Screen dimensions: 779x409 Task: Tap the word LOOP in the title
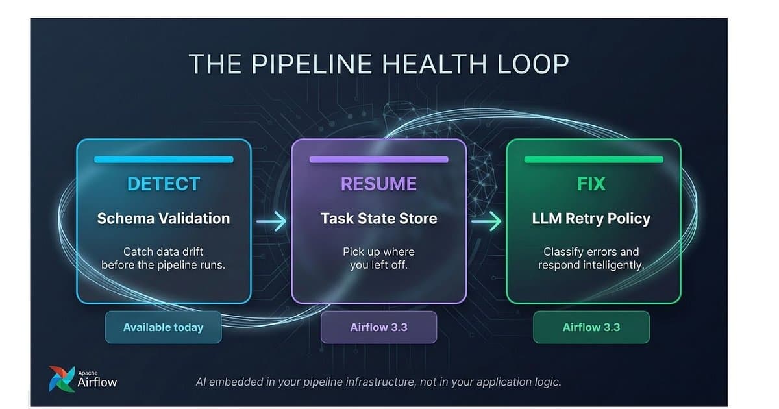(x=533, y=64)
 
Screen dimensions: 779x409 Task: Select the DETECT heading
(x=164, y=184)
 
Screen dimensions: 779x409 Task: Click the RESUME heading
(x=378, y=184)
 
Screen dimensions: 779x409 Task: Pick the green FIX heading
(x=591, y=184)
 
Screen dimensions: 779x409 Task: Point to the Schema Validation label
(x=164, y=218)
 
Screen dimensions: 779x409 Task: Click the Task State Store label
(x=378, y=218)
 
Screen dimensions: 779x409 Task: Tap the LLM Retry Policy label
(x=591, y=219)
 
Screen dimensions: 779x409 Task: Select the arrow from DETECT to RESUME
(x=271, y=221)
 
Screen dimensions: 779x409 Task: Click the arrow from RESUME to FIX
(x=486, y=221)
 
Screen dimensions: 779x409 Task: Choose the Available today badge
(x=163, y=327)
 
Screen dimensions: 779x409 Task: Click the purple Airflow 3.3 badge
(x=378, y=327)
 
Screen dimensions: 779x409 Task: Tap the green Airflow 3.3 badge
(x=591, y=327)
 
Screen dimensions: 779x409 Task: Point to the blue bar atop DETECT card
(x=164, y=160)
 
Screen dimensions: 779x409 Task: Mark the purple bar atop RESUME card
(x=378, y=160)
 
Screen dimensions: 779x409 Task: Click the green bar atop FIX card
(x=593, y=160)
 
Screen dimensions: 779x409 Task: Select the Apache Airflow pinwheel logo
(x=62, y=378)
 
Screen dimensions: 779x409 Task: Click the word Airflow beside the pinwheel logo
(x=97, y=382)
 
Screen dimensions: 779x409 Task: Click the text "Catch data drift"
(x=163, y=251)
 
